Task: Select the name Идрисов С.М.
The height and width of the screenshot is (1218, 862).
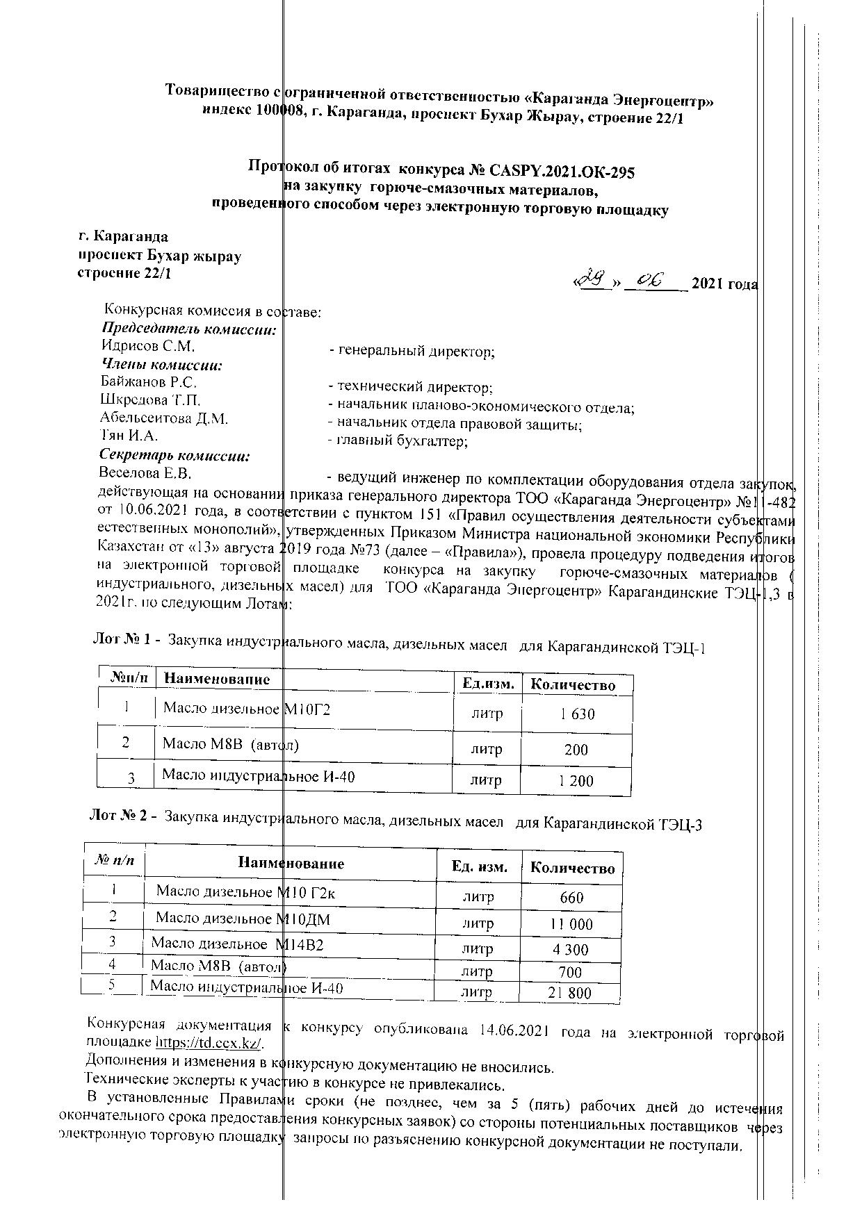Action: click(x=147, y=345)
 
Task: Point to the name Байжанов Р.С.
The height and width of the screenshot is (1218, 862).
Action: click(x=148, y=381)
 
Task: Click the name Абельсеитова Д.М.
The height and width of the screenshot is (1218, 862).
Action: click(x=164, y=418)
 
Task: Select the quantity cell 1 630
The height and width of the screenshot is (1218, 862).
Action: click(x=577, y=714)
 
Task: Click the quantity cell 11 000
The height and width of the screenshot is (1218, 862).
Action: click(x=571, y=924)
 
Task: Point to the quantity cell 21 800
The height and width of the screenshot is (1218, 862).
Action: click(x=569, y=993)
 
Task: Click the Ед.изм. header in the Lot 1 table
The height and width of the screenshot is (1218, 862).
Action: click(x=488, y=684)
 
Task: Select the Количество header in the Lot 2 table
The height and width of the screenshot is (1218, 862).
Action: click(x=572, y=868)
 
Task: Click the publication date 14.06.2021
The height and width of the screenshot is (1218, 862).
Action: click(x=512, y=1030)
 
